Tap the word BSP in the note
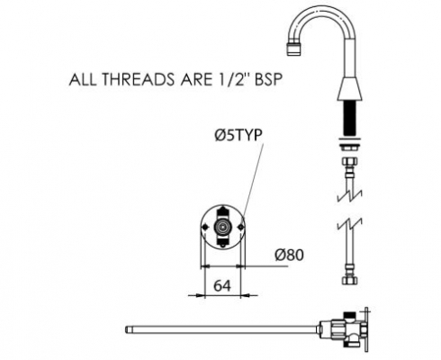point(268,80)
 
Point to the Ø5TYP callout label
point(238,135)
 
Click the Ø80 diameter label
point(289,255)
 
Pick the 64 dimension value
point(222,285)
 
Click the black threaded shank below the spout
point(349,119)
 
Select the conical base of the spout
point(350,89)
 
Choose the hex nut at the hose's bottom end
point(349,280)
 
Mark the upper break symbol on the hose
point(350,194)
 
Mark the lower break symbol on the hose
point(350,224)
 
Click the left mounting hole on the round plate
point(205,228)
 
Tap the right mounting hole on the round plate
point(240,228)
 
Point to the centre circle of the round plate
point(222,227)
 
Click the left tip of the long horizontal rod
point(126,329)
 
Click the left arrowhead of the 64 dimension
point(201,295)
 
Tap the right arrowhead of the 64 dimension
point(245,295)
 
